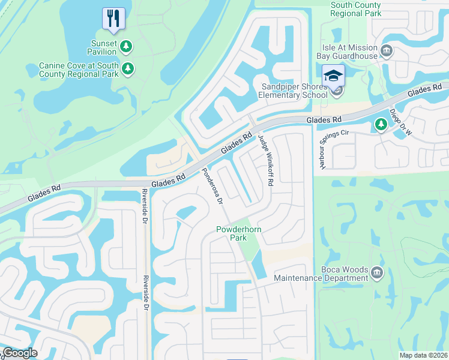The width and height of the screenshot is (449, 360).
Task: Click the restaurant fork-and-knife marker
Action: [x=113, y=17]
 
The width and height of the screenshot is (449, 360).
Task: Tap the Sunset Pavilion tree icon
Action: [x=126, y=46]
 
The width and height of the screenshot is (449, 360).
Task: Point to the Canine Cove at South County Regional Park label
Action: [x=77, y=69]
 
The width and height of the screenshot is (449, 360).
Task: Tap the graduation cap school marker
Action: [x=333, y=76]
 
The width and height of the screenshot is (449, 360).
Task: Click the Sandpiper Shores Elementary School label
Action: [x=294, y=91]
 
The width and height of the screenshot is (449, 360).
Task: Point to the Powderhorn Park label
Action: [x=232, y=234]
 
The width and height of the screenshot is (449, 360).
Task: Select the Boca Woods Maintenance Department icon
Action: [x=377, y=274]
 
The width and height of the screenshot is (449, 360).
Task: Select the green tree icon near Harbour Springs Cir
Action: [x=380, y=124]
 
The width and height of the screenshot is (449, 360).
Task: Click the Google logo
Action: [x=20, y=352]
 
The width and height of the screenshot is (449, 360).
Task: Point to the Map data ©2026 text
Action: [x=423, y=355]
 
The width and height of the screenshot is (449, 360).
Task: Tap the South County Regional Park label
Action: [x=355, y=8]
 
